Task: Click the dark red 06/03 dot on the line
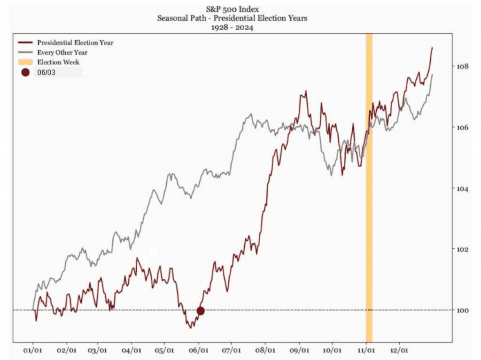[201, 311]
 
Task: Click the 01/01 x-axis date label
[33, 351]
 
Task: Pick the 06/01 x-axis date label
[198, 351]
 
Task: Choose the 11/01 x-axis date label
[367, 351]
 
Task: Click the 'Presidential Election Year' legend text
[75, 43]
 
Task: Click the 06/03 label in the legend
[46, 73]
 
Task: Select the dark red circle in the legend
[25, 72]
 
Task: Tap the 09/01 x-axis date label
[300, 351]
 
